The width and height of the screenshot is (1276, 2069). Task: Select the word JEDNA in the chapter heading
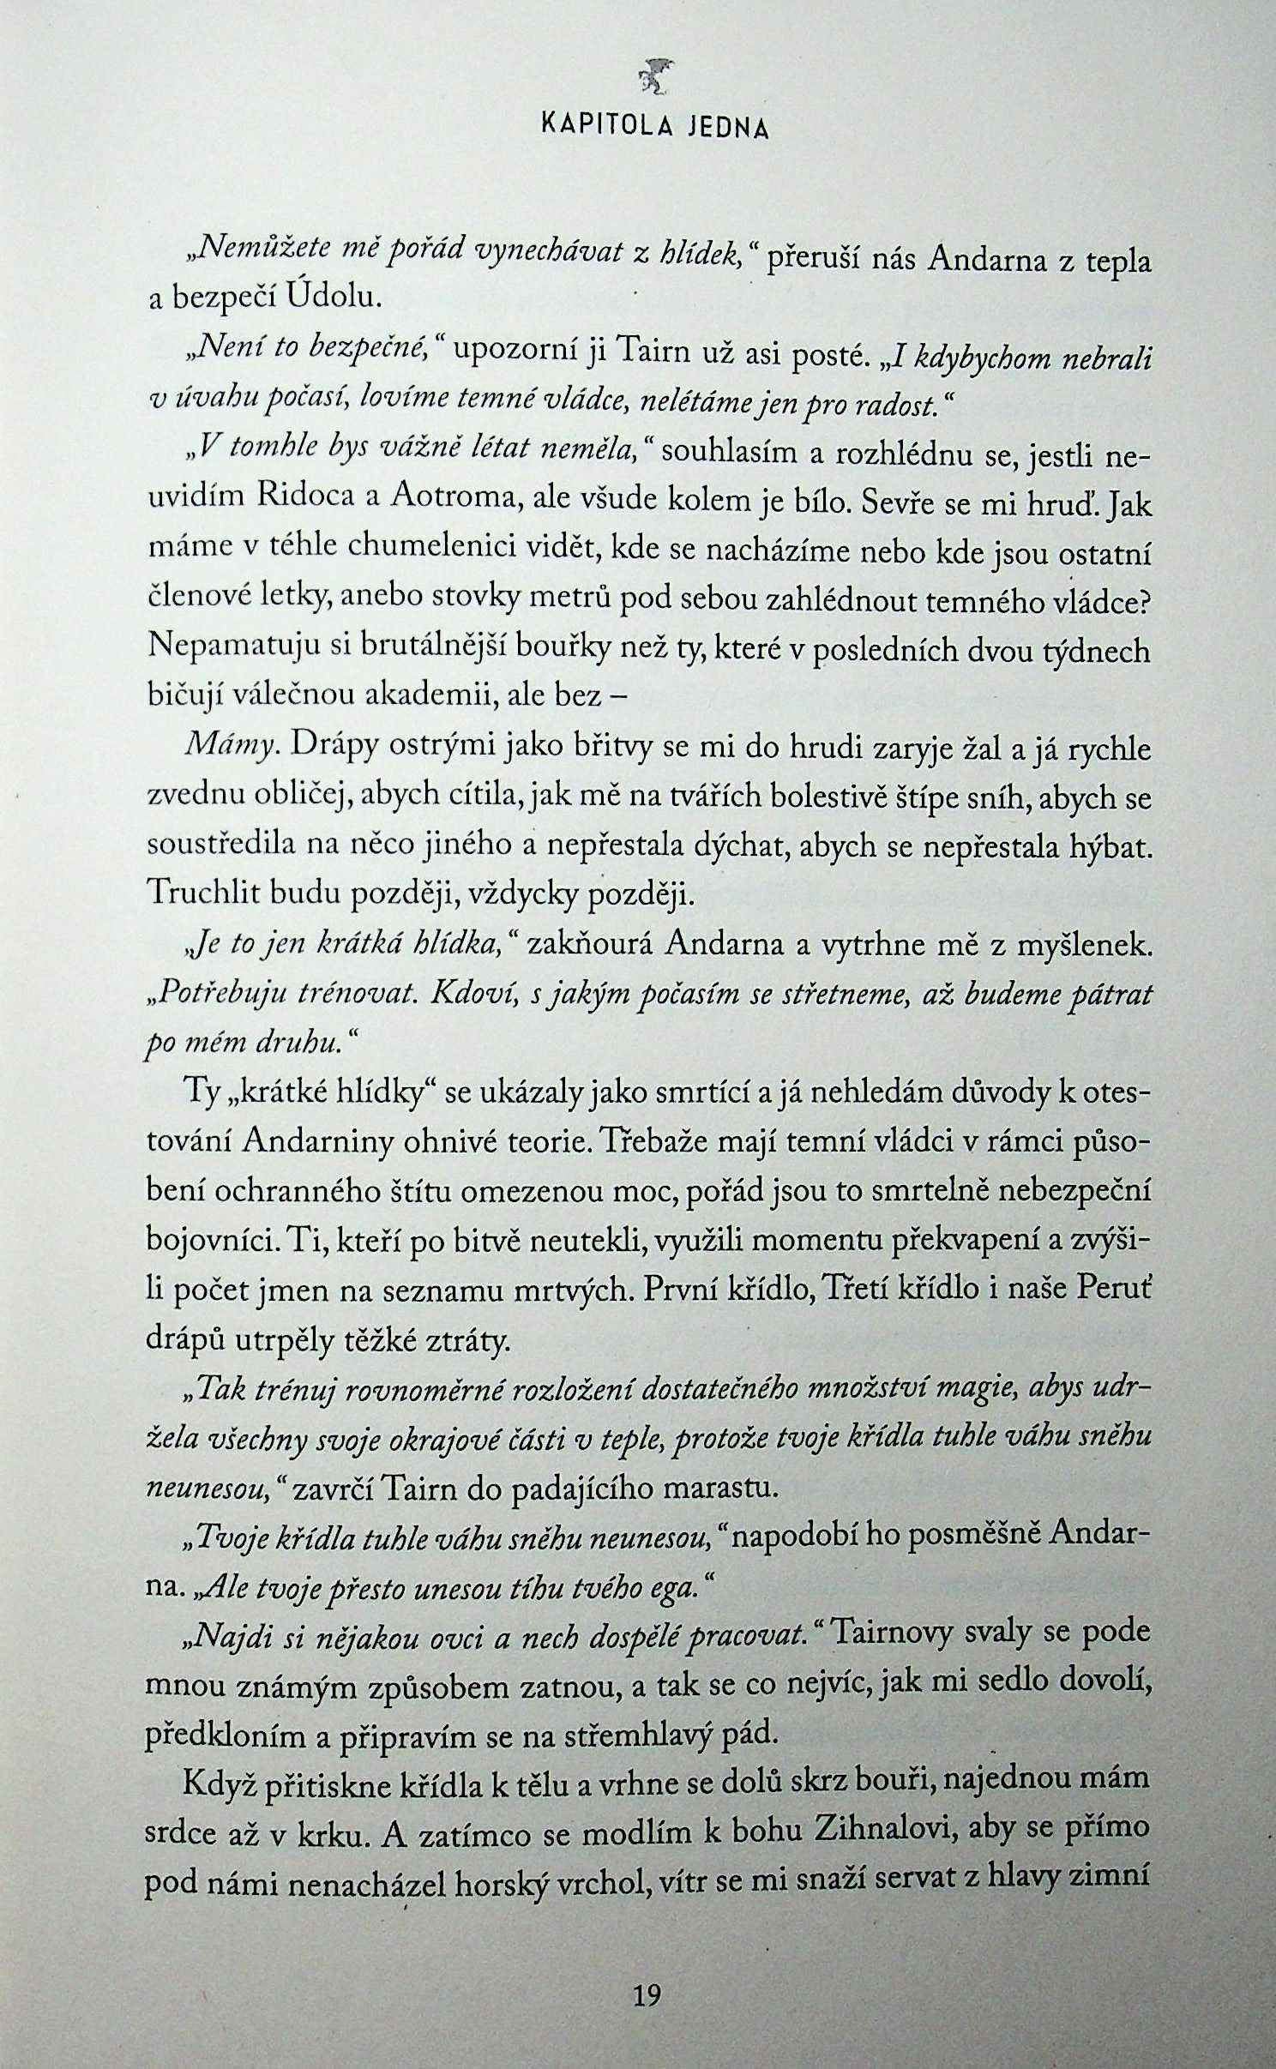[x=728, y=128]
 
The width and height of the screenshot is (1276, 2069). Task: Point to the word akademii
[x=430, y=695]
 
